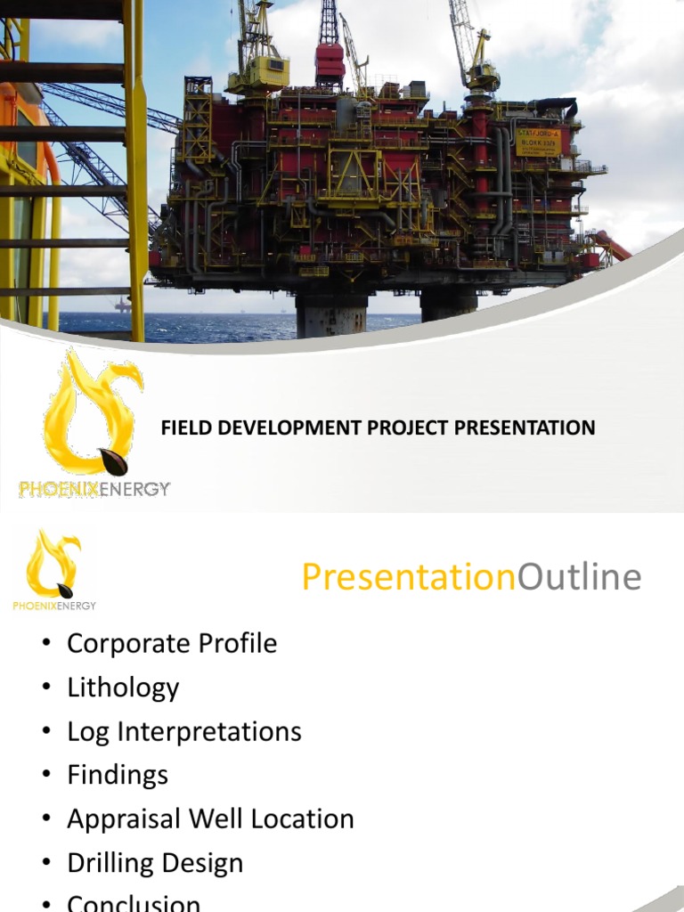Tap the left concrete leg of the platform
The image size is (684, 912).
point(331,313)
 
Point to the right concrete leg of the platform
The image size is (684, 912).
point(449,305)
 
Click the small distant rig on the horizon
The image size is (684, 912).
point(122,305)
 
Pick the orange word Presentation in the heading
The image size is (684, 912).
point(409,578)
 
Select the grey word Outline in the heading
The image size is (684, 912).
point(579,578)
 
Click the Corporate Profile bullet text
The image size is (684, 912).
point(172,644)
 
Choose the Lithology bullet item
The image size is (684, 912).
point(123,688)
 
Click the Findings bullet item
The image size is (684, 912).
point(118,776)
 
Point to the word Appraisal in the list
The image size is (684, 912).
point(121,819)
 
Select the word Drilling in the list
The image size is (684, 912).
point(110,863)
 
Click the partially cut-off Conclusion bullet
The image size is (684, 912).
point(134,903)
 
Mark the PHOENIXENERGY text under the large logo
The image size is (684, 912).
point(94,488)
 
